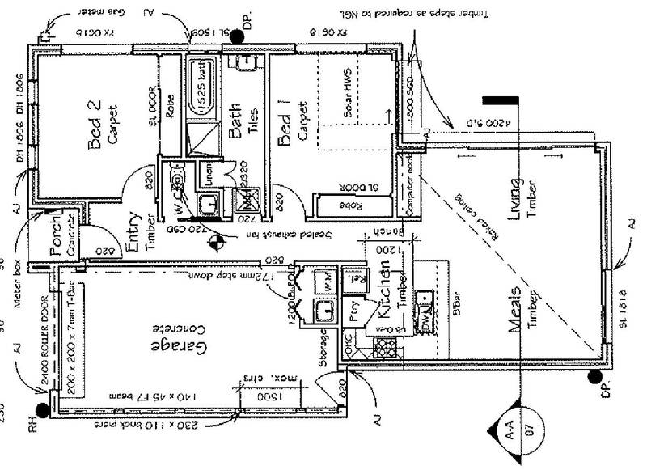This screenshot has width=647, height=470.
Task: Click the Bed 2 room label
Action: click(95, 126)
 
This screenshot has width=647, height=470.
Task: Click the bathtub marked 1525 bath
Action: click(198, 87)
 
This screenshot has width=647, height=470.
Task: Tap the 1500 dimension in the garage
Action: click(258, 398)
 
